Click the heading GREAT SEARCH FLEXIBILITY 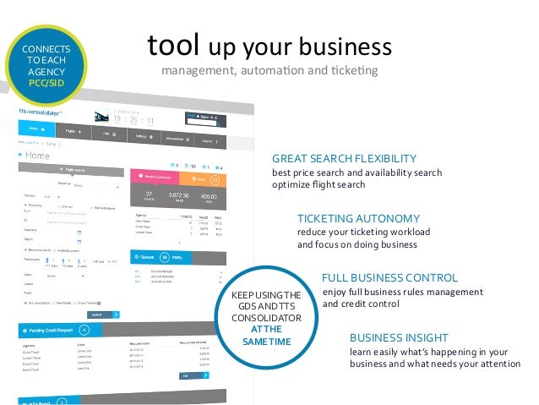(x=344, y=158)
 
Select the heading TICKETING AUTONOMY (x=358, y=217)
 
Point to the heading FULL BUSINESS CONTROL (x=389, y=277)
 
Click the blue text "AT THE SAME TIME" (x=266, y=335)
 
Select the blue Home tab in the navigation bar (x=34, y=129)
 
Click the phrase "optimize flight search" (x=318, y=184)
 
